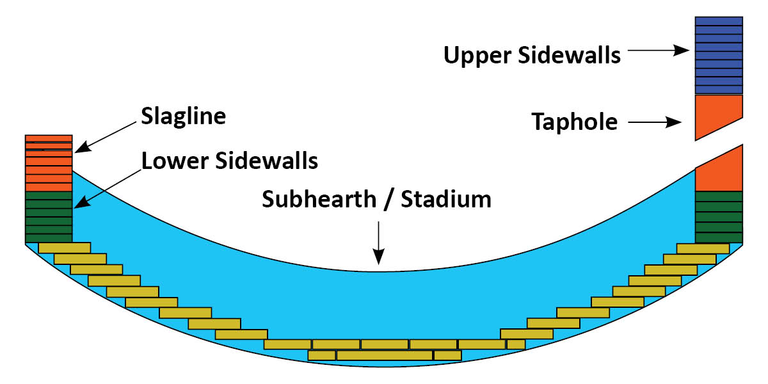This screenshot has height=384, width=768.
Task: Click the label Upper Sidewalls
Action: point(532,55)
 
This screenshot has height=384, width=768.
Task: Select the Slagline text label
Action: point(183,117)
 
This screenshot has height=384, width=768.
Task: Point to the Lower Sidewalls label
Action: point(230,161)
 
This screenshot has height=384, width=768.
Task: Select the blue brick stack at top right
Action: point(718,55)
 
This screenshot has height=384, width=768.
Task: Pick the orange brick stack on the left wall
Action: point(48,163)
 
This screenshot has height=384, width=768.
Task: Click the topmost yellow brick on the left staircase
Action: point(64,248)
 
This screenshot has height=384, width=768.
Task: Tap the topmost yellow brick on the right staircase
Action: point(702,248)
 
